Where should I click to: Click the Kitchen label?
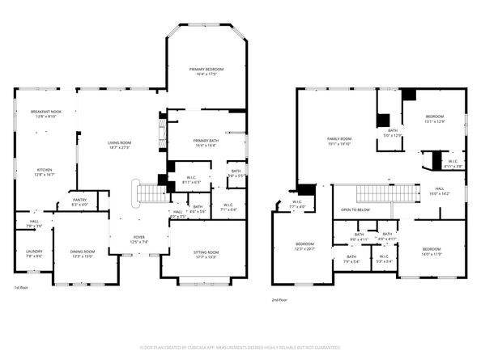[x=44, y=172]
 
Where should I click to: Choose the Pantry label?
[x=79, y=201]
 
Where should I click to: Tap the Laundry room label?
[x=34, y=253]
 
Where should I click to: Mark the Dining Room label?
[x=83, y=253]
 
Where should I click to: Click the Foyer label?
[x=139, y=239]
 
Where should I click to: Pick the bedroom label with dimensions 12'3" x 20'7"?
[x=304, y=246]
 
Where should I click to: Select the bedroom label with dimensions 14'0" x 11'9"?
[x=431, y=251]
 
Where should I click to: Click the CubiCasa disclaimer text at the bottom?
[x=240, y=347]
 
